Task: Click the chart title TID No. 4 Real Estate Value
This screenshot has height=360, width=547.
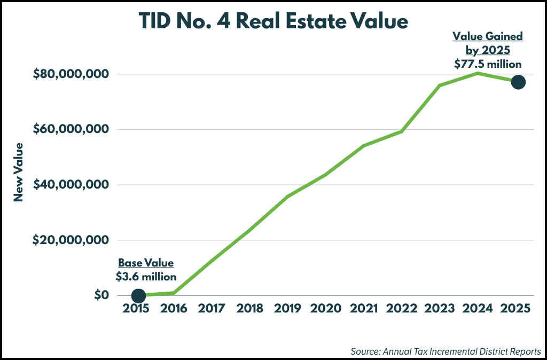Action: (273, 21)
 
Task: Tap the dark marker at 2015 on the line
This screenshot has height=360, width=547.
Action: (138, 295)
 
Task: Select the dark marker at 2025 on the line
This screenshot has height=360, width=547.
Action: (518, 82)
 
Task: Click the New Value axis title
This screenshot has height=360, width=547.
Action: (19, 172)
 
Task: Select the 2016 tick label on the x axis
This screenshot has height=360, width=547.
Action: (174, 309)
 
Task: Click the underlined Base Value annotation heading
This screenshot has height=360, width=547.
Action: (146, 263)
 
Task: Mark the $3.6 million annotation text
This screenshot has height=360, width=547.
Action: (146, 277)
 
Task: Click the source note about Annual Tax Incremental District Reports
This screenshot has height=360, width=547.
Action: (446, 351)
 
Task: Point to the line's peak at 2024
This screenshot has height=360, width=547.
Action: (478, 73)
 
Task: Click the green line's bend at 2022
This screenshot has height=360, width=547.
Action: (402, 131)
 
